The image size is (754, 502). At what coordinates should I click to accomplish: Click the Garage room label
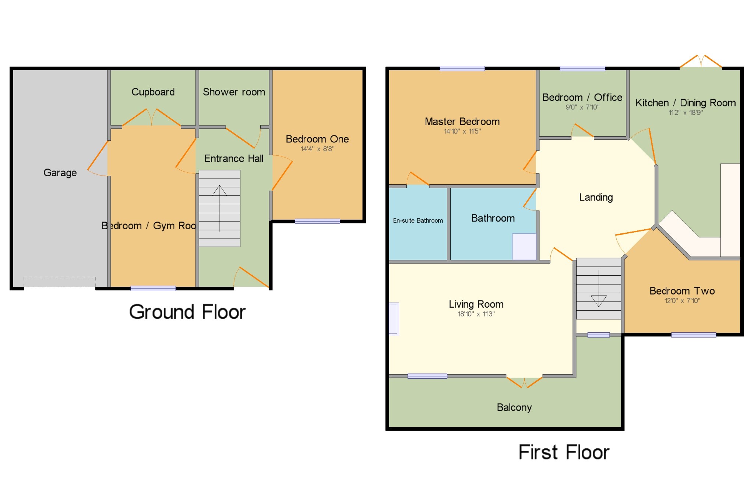click(60, 173)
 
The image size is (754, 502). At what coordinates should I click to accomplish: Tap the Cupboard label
click(153, 92)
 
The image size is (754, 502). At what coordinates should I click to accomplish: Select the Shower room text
click(234, 92)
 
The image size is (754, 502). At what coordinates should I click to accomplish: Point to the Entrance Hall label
click(234, 159)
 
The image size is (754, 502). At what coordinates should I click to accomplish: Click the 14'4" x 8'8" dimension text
click(317, 149)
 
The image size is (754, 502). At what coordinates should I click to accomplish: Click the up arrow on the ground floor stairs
click(219, 208)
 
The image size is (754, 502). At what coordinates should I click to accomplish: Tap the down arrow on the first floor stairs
click(599, 289)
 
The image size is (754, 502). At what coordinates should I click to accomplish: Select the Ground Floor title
click(187, 312)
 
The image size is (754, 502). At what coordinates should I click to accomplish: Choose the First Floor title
click(564, 452)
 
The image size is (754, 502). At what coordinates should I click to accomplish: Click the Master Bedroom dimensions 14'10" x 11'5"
click(462, 131)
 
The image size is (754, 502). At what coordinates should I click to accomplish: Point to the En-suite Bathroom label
click(418, 220)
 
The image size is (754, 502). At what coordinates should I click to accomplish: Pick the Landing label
click(596, 198)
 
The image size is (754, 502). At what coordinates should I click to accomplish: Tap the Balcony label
click(514, 407)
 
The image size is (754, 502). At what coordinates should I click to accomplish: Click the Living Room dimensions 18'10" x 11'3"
click(476, 314)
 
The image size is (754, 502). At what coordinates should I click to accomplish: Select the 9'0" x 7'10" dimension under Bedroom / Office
click(582, 107)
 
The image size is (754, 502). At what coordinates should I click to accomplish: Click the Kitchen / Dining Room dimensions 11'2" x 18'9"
click(686, 113)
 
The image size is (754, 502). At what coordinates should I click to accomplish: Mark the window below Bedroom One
click(317, 221)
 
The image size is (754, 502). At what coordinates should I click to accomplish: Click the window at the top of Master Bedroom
click(462, 68)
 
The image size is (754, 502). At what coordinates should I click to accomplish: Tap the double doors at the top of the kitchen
click(701, 61)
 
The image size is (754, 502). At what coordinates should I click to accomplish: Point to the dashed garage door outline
click(60, 282)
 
